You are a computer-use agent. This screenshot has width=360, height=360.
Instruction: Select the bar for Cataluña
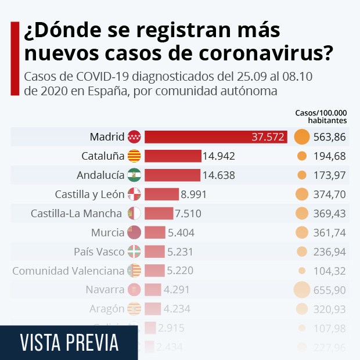(172, 156)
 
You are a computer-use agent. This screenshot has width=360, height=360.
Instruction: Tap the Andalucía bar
(172, 175)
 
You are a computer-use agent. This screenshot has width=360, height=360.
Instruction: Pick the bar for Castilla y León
(161, 194)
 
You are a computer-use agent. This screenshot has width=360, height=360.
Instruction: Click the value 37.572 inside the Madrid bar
(268, 137)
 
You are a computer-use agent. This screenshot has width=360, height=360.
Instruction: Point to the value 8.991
(193, 194)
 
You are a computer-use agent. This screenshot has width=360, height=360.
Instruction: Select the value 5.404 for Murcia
(181, 233)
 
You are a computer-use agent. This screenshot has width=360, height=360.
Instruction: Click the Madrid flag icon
(134, 137)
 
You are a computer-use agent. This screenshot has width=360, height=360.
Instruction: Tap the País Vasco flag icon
(134, 252)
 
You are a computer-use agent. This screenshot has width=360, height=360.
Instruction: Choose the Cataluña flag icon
(134, 156)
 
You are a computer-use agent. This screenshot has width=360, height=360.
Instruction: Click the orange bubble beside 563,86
(301, 137)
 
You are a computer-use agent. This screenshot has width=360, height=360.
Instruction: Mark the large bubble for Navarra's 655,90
(301, 289)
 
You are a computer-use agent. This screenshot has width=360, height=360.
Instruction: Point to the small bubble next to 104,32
(301, 271)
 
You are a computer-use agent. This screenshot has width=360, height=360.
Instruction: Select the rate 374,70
(330, 195)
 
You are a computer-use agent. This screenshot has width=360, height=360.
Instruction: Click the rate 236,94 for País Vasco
(330, 252)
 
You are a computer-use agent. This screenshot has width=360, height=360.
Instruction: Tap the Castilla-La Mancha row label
(76, 214)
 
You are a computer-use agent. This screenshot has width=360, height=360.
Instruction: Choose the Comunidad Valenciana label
(69, 271)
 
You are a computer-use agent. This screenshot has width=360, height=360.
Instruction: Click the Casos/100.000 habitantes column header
(321, 117)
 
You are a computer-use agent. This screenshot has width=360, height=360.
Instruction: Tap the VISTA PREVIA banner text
(69, 343)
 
